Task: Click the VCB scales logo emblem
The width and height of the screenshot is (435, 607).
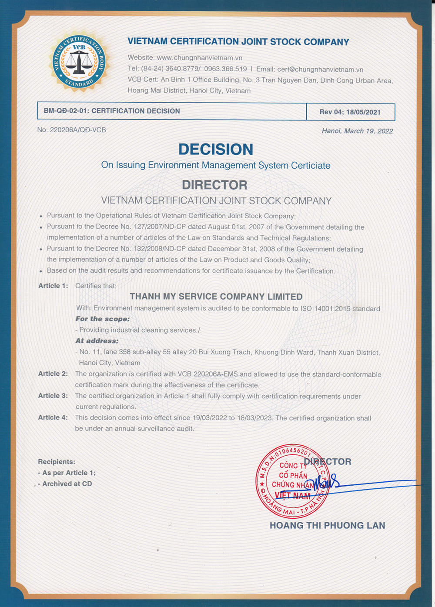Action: pyautogui.click(x=79, y=62)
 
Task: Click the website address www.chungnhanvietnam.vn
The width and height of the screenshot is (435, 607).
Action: pyautogui.click(x=199, y=58)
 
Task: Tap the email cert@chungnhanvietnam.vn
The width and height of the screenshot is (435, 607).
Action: pyautogui.click(x=320, y=70)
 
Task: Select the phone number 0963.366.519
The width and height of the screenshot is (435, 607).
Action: pyautogui.click(x=225, y=69)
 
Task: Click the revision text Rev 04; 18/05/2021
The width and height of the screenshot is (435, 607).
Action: pyautogui.click(x=350, y=112)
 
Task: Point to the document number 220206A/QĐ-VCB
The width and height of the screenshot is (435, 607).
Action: pyautogui.click(x=78, y=130)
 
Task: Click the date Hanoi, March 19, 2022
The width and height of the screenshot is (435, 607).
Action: pyautogui.click(x=357, y=131)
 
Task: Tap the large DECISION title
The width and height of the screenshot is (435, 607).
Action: pyautogui.click(x=216, y=150)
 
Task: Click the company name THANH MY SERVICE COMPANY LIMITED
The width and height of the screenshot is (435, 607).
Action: pyautogui.click(x=216, y=297)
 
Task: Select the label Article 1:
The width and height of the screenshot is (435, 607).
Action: pyautogui.click(x=53, y=286)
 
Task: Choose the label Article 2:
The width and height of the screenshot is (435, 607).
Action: pyautogui.click(x=53, y=374)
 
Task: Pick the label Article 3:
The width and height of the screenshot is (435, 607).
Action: pyautogui.click(x=53, y=396)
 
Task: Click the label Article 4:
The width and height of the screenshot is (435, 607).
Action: pyautogui.click(x=53, y=417)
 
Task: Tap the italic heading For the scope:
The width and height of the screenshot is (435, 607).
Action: pyautogui.click(x=103, y=319)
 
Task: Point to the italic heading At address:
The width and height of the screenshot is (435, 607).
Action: pyautogui.click(x=97, y=341)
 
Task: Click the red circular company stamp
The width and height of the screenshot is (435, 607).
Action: pyautogui.click(x=292, y=482)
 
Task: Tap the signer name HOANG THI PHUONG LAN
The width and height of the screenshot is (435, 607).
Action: pyautogui.click(x=327, y=526)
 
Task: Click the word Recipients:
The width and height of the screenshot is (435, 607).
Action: pyautogui.click(x=57, y=462)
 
